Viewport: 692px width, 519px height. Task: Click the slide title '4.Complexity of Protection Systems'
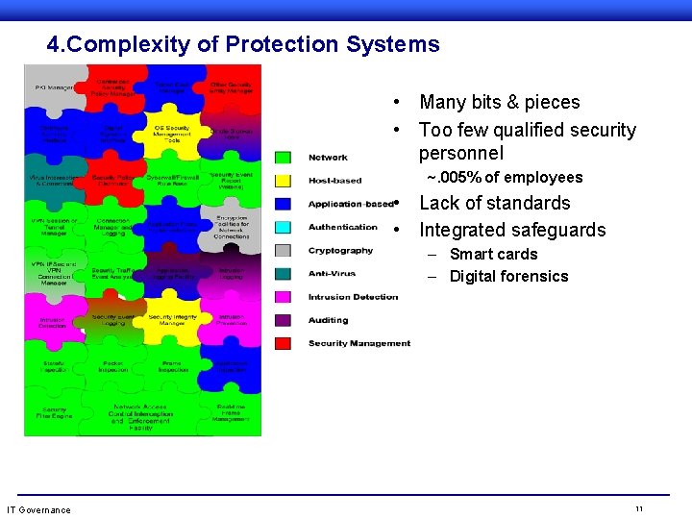(x=242, y=44)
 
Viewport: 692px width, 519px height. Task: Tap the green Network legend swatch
(x=283, y=158)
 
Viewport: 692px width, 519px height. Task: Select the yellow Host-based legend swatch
(x=283, y=181)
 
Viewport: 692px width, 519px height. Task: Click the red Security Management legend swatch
(x=283, y=343)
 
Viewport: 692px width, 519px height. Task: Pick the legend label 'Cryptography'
(x=340, y=251)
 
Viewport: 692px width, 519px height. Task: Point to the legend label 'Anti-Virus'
(x=332, y=274)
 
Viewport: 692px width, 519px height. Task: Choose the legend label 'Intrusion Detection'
(x=353, y=297)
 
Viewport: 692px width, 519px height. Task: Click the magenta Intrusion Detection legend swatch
(x=283, y=297)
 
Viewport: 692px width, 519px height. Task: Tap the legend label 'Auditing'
(x=328, y=320)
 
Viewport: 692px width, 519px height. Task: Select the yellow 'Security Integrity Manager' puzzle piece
(x=173, y=320)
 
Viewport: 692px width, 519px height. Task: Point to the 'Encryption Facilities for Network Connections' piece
(x=232, y=227)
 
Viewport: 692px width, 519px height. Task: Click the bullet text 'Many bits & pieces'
(x=500, y=102)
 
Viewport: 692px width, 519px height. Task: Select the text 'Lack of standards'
(x=495, y=203)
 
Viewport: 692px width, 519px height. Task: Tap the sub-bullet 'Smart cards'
(x=493, y=255)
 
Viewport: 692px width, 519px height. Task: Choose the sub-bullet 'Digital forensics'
(x=508, y=277)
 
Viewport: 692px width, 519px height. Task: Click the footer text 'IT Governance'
(x=38, y=509)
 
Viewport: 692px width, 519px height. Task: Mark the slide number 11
(x=638, y=507)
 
